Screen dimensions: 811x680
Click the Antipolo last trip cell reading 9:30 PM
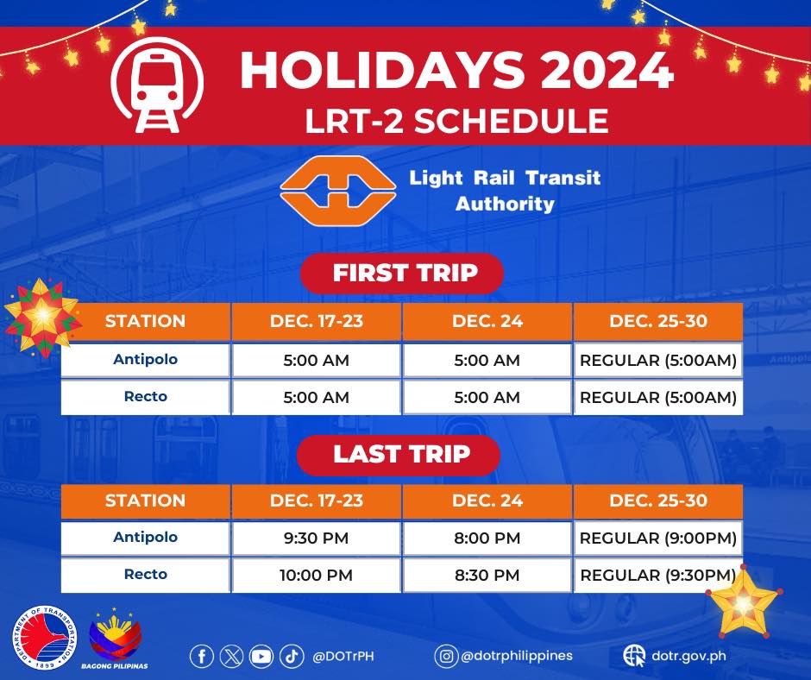point(316,538)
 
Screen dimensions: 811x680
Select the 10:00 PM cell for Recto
point(316,575)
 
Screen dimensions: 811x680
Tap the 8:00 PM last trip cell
point(487,538)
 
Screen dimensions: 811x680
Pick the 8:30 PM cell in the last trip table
point(487,575)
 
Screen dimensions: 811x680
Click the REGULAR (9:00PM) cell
point(658,538)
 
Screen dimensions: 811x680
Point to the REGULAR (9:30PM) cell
point(658,575)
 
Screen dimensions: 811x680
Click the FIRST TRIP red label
point(402,274)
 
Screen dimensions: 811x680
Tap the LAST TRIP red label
point(399,455)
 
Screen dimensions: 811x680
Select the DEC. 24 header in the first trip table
point(487,321)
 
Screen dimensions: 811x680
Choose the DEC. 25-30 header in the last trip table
point(658,501)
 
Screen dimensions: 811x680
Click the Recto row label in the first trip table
point(145,397)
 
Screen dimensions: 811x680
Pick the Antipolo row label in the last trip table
point(145,538)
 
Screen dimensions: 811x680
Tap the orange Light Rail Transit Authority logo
point(338,191)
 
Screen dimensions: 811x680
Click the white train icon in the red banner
point(157,85)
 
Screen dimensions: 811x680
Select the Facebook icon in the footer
point(202,657)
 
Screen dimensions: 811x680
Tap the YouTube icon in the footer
point(261,657)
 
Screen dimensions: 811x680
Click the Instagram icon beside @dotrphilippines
point(446,656)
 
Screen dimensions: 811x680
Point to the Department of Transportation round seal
point(45,637)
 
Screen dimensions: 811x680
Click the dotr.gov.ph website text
point(688,656)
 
